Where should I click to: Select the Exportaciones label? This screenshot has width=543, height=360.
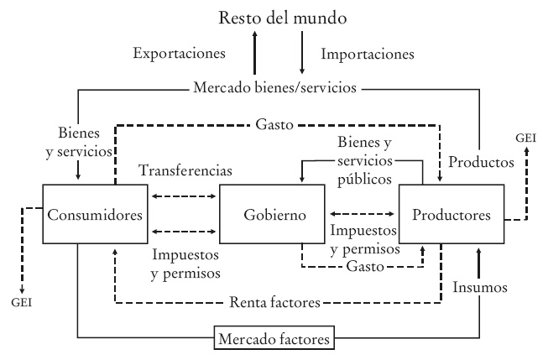click(179, 54)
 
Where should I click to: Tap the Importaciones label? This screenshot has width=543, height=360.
click(368, 54)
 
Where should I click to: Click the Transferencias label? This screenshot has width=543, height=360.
click(185, 170)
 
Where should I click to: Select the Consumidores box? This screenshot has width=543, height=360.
click(96, 216)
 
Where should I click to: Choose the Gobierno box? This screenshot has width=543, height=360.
click(271, 216)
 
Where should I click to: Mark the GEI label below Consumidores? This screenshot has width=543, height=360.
click(24, 302)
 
